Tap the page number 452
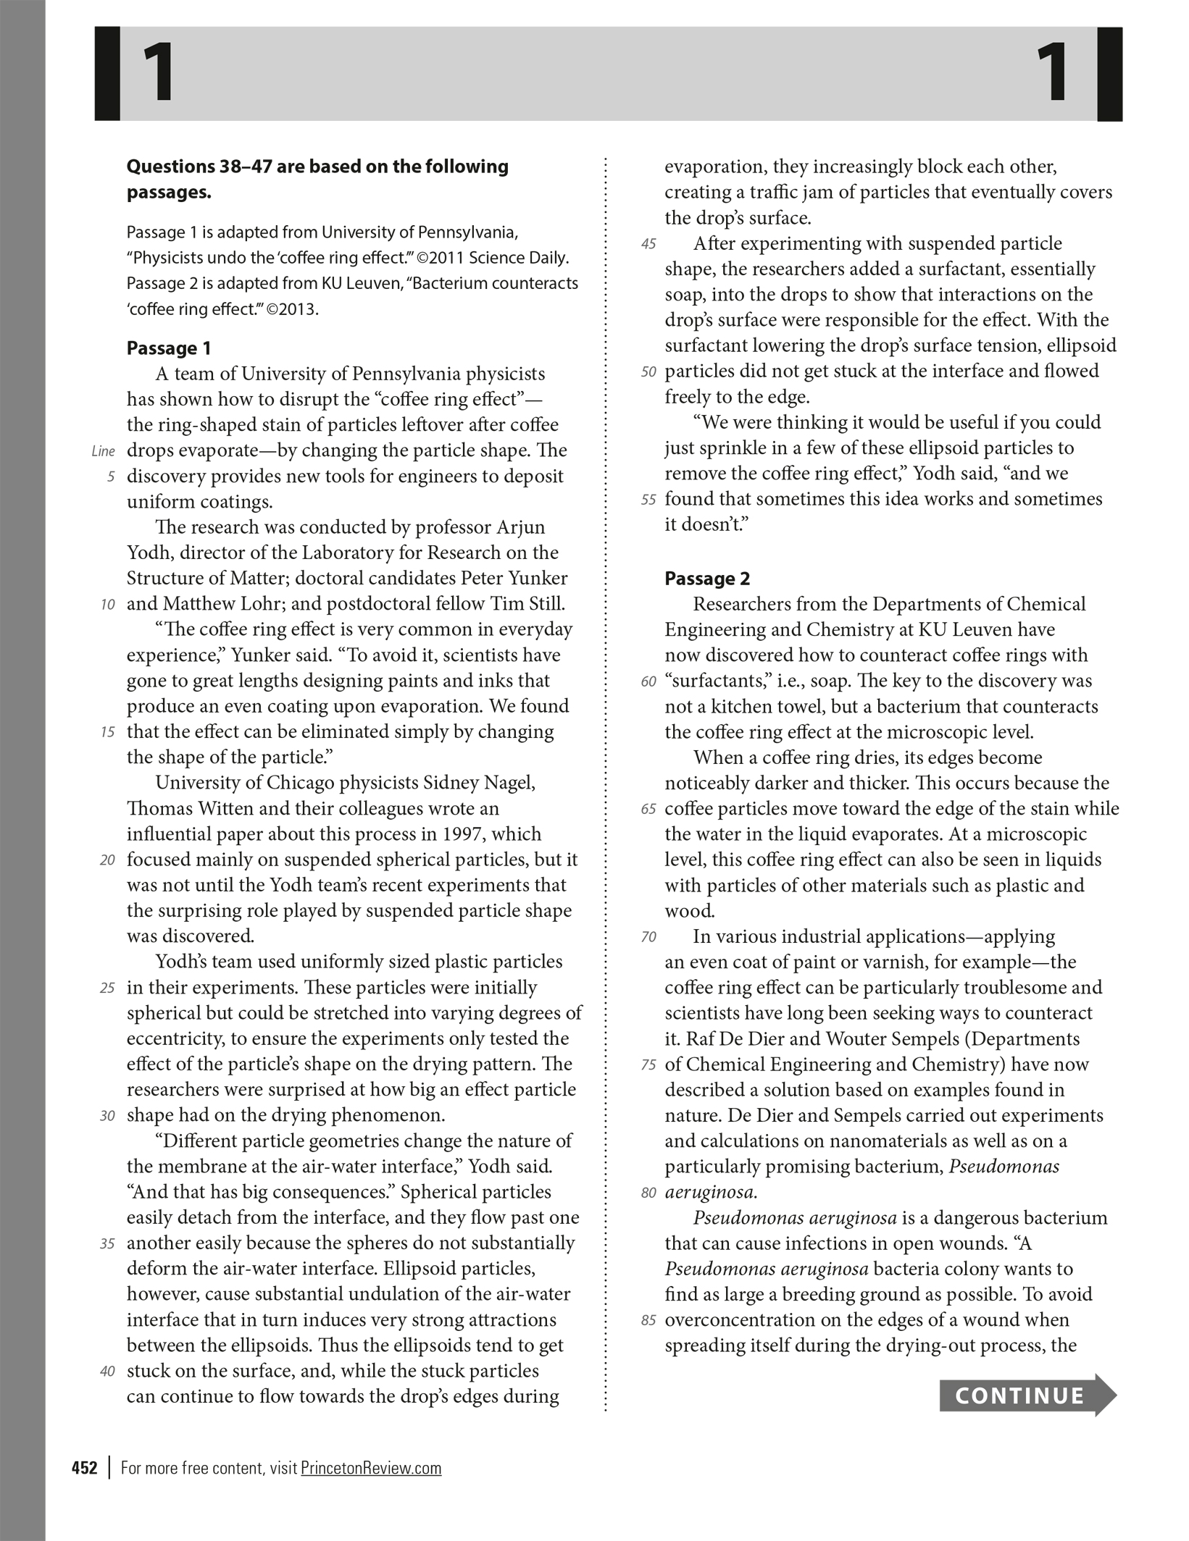[x=85, y=1468]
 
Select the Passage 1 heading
[x=169, y=348]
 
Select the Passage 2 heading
[x=707, y=579]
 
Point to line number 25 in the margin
[x=107, y=988]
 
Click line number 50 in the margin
[x=648, y=372]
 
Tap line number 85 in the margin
[x=648, y=1321]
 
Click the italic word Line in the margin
[x=104, y=451]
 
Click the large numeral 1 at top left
[x=158, y=73]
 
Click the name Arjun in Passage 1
[x=521, y=527]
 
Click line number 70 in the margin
[x=648, y=937]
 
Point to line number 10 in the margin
[x=107, y=605]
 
